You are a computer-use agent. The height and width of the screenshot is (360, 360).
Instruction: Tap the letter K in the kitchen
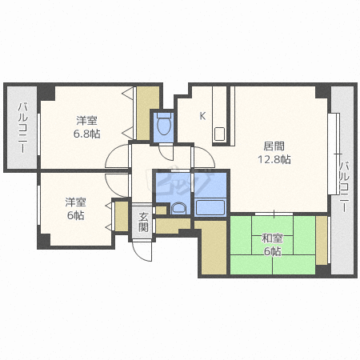(202, 116)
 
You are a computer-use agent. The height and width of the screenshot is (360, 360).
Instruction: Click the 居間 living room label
(275, 146)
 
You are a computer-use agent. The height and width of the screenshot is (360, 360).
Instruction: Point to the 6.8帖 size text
(87, 134)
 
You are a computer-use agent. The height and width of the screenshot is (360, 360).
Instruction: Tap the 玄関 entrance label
(143, 222)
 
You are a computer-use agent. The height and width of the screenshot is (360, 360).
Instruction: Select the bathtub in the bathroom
(211, 207)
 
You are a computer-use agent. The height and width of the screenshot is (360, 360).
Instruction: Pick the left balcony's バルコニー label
(22, 128)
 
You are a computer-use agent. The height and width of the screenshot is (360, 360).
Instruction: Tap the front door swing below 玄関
(142, 249)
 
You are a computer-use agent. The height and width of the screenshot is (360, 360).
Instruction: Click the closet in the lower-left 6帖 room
(120, 214)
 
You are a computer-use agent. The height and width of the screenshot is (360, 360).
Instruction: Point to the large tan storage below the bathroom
(212, 248)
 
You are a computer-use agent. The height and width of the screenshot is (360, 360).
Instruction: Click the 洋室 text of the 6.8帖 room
(87, 121)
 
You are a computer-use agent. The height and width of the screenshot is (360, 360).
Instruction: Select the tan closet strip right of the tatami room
(322, 240)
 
